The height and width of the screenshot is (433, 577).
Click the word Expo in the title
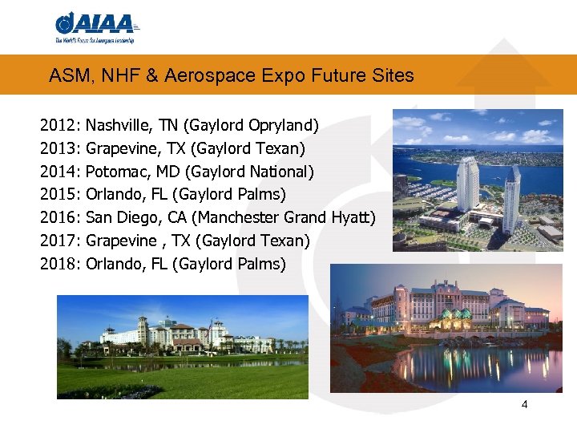[x=317, y=76]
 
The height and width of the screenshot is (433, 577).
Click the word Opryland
[x=283, y=126]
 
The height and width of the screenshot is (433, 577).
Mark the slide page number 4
[x=524, y=404]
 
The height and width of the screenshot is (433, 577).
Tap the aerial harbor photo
[x=478, y=180]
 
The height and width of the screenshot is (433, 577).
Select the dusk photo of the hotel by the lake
[x=446, y=328]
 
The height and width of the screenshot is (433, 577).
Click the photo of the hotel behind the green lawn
[x=182, y=346]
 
